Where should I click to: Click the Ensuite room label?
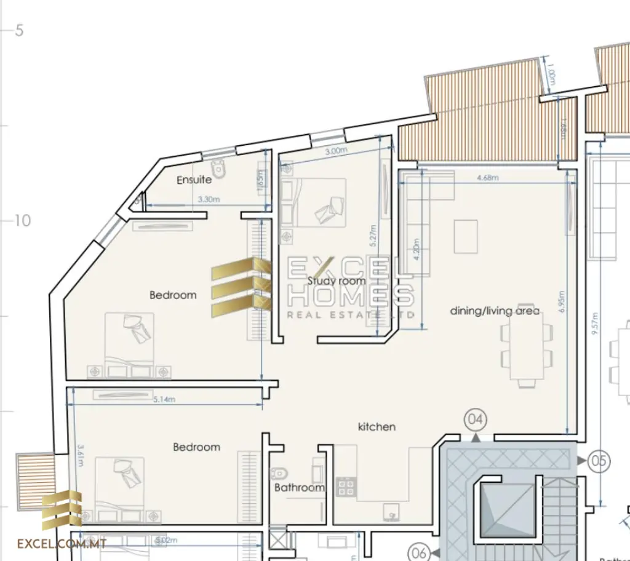click(x=194, y=180)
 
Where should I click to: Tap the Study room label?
click(x=337, y=281)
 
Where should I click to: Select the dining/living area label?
click(x=495, y=311)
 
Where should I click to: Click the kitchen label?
click(x=377, y=426)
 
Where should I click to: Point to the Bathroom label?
click(x=299, y=488)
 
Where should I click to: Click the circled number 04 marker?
click(x=476, y=420)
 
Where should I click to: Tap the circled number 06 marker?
click(x=419, y=552)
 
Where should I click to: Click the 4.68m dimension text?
click(x=488, y=178)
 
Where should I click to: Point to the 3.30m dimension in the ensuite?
click(x=210, y=199)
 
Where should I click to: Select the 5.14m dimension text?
click(x=164, y=399)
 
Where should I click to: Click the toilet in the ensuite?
click(x=218, y=167)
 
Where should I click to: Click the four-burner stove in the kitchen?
click(x=345, y=487)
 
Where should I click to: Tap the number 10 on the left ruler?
click(x=22, y=220)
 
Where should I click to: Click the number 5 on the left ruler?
click(x=20, y=30)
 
